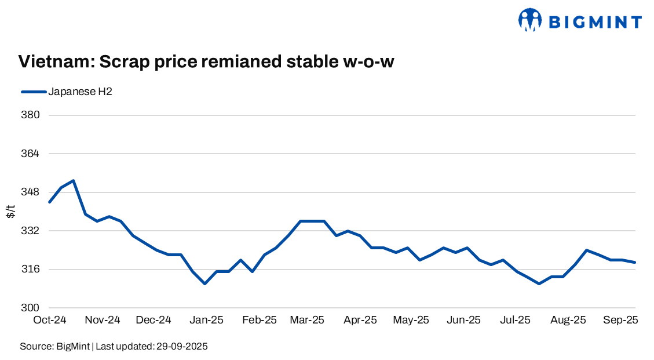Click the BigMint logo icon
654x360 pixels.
529,20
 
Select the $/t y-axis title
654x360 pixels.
11,211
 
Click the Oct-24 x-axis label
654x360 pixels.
49,320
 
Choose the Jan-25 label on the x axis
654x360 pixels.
207,320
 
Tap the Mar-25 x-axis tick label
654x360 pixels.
307,320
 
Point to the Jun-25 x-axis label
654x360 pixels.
465,320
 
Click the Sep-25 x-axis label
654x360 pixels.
622,320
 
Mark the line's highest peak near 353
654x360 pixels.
74,181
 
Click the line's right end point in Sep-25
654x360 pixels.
635,263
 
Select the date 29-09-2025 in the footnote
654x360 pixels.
181,347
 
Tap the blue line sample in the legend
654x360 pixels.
33,91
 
